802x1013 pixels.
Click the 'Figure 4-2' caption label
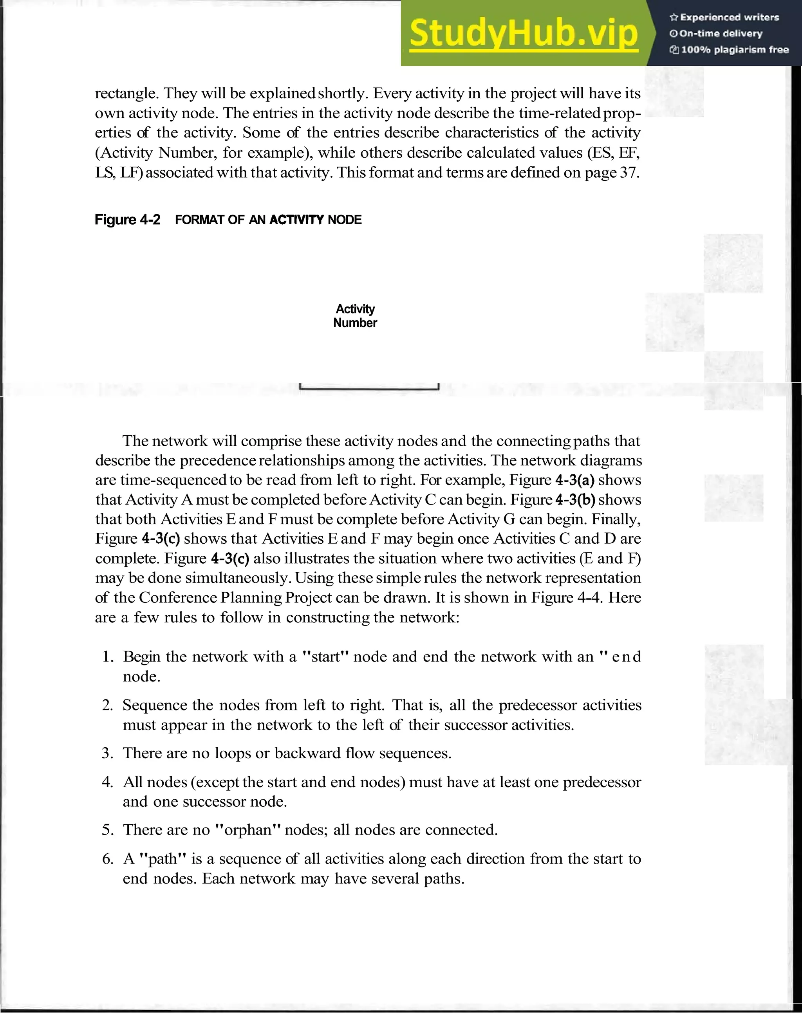pyautogui.click(x=127, y=220)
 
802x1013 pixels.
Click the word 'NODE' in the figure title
pyautogui.click(x=345, y=220)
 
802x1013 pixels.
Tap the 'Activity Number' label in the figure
pyautogui.click(x=355, y=316)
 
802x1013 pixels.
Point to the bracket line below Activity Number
pyautogui.click(x=369, y=388)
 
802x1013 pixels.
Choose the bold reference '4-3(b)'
pyautogui.click(x=575, y=500)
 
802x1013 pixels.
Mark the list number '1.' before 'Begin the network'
pyautogui.click(x=108, y=657)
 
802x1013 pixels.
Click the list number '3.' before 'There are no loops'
pyautogui.click(x=108, y=753)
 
